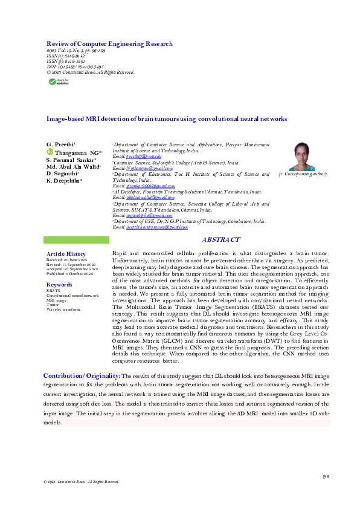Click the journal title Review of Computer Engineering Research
pos(109,44)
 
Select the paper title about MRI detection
pos(167,119)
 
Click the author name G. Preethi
pos(58,146)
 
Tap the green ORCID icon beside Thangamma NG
pos(51,153)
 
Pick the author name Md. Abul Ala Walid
pos(74,166)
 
